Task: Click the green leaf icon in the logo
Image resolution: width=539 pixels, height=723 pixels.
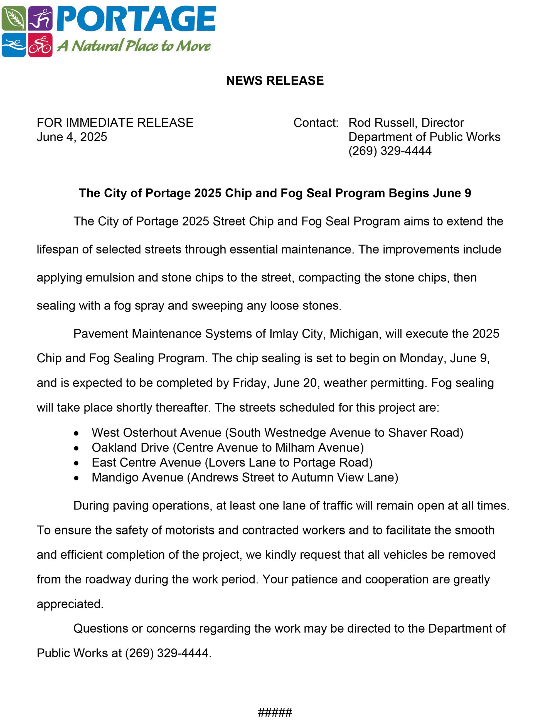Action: [13, 18]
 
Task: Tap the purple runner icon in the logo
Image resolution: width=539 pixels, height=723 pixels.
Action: [40, 18]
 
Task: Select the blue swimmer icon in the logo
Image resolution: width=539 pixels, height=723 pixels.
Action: [13, 45]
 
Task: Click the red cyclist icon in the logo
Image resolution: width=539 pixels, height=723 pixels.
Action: [40, 45]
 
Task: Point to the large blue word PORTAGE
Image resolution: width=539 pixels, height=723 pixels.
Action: [136, 19]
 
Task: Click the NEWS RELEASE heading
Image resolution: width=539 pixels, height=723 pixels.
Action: [275, 81]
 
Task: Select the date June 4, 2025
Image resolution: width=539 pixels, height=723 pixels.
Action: [72, 137]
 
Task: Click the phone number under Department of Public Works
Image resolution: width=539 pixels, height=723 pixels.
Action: [390, 151]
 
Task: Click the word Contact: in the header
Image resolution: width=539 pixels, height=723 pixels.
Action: [316, 123]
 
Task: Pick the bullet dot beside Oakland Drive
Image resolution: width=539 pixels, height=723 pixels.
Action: [76, 449]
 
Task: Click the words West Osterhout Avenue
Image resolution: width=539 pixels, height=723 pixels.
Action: [156, 433]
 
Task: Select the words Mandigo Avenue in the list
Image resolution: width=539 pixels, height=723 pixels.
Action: [137, 477]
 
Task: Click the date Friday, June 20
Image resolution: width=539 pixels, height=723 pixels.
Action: [274, 383]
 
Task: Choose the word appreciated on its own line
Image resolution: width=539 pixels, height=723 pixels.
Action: [70, 604]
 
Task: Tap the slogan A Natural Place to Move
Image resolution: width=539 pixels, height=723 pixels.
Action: [134, 46]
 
